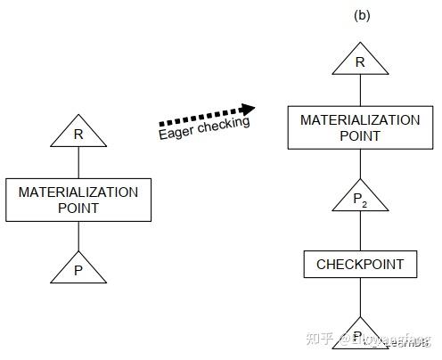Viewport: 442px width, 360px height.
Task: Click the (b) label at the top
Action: point(362,15)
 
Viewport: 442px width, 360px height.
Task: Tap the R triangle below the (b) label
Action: point(359,62)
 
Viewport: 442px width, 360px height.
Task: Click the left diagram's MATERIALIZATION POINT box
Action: point(78,200)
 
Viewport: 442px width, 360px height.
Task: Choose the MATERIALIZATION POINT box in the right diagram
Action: point(359,128)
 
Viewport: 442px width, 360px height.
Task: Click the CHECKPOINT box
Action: point(360,265)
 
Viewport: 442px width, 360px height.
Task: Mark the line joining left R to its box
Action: point(78,163)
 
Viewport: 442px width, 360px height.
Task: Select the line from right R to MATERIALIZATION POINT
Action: point(359,91)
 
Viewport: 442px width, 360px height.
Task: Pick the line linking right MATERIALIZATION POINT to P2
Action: point(359,163)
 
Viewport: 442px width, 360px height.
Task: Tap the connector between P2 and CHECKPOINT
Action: point(359,232)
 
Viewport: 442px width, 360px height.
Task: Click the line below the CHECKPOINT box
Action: point(359,297)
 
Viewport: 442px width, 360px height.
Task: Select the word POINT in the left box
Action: point(78,208)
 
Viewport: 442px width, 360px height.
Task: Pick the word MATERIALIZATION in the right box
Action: point(359,120)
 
